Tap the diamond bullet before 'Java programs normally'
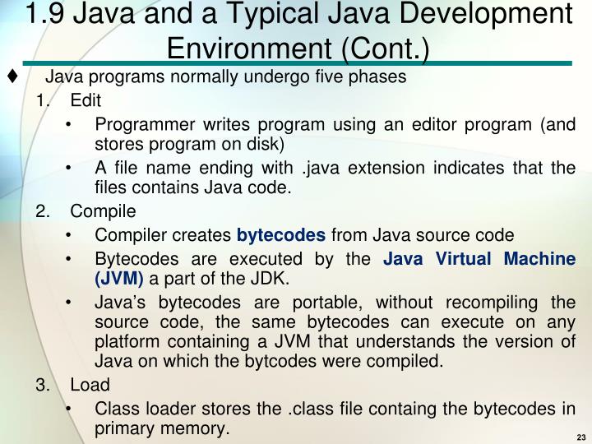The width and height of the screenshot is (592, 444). click(12, 77)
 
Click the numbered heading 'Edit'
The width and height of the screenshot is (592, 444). click(85, 101)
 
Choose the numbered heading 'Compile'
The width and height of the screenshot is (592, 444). click(98, 210)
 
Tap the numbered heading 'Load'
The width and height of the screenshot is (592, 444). click(90, 385)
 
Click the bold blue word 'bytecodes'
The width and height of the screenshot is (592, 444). click(281, 234)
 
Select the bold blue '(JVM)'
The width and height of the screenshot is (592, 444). click(119, 279)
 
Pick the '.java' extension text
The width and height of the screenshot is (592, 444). click(320, 168)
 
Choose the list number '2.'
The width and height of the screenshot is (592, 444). click(43, 210)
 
